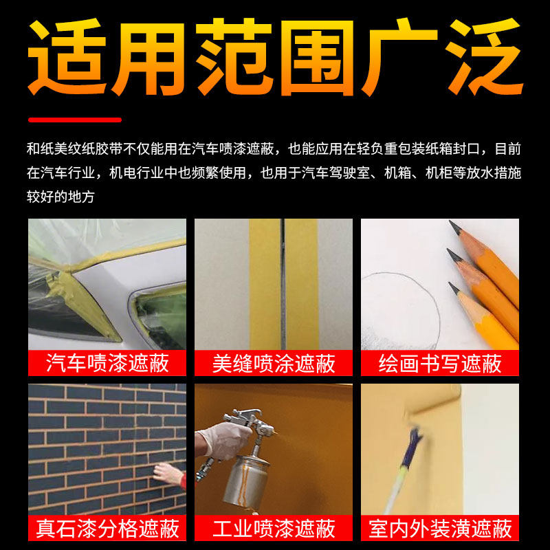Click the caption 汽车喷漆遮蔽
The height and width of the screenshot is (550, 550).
click(107, 363)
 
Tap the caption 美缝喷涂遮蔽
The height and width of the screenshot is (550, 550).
click(274, 363)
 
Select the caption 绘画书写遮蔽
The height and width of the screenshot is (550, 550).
click(440, 363)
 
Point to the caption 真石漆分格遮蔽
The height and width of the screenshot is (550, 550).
click(107, 528)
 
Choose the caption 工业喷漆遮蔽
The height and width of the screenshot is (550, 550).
click(274, 528)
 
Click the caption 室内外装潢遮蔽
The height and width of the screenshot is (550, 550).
click(440, 528)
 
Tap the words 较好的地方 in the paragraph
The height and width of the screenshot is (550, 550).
click(60, 197)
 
